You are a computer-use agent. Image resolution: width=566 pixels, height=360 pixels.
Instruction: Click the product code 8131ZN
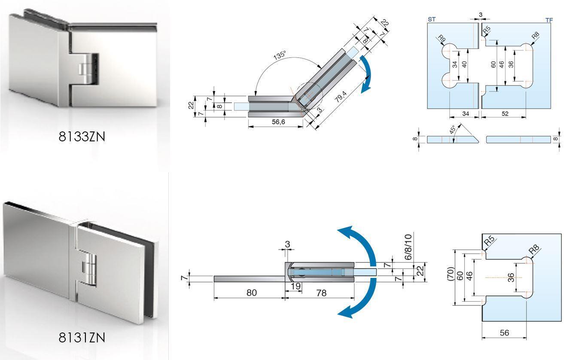pos(82,338)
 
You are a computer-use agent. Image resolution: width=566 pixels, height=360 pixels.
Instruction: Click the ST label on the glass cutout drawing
pos(432,19)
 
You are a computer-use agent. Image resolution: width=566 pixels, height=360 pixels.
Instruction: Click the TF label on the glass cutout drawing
pos(548,20)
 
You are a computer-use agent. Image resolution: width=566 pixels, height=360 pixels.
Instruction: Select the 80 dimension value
pos(252,293)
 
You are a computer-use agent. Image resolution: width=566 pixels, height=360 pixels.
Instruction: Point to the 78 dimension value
pos(321,293)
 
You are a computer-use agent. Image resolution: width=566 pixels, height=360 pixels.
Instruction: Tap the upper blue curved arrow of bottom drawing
pos(357,242)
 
